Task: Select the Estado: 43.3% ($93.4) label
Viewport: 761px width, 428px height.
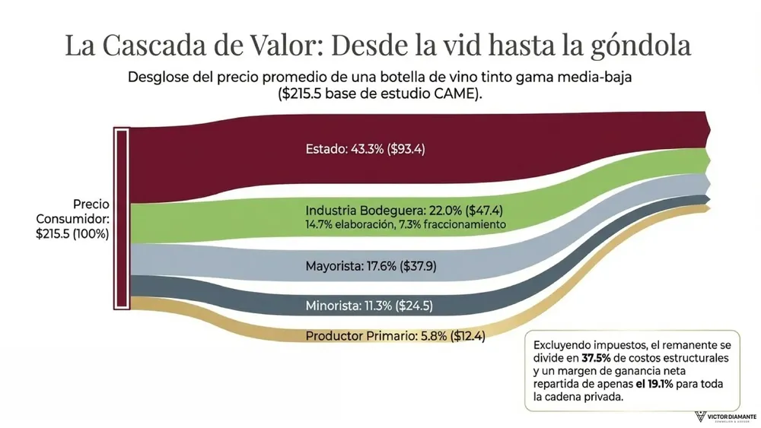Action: click(365, 149)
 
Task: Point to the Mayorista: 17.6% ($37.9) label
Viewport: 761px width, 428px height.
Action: click(371, 266)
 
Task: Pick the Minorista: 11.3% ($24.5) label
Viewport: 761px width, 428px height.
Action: click(369, 306)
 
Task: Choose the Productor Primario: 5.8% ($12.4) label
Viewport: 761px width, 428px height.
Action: click(395, 335)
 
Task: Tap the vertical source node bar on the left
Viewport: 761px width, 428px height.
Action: click(121, 219)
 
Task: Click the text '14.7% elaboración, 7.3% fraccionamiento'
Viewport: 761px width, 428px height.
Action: click(406, 225)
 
